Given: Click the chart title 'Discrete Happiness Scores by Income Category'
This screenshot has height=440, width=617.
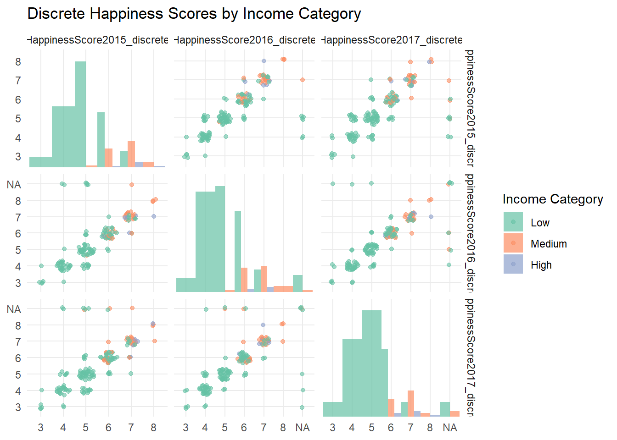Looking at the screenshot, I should (194, 14).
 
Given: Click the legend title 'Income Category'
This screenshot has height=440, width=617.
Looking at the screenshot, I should (553, 199).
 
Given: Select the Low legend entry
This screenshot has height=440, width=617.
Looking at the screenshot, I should (540, 223).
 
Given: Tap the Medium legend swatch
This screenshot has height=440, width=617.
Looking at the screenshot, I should (513, 243).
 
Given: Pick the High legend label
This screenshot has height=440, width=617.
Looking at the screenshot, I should (541, 265).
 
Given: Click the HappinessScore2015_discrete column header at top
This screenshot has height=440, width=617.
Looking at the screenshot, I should (98, 40).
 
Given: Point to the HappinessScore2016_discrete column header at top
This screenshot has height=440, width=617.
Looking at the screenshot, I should (245, 40).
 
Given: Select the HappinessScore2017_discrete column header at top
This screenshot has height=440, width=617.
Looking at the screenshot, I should (392, 40).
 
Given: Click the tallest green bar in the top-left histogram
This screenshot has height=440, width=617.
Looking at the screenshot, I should (80, 115).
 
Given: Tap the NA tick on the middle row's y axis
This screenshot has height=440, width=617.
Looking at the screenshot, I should (14, 185).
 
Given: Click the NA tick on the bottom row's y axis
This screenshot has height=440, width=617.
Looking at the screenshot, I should (14, 309).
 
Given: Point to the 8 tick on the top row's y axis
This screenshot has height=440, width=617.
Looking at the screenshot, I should (18, 61).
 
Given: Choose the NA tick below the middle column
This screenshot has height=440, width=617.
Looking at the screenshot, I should (303, 428).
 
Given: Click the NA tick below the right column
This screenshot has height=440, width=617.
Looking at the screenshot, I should (450, 428).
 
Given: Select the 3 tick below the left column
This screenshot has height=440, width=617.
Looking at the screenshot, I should (40, 428).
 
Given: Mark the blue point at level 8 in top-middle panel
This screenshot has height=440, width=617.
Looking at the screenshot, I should (264, 61).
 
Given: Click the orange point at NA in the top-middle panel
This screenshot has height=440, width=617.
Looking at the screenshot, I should (303, 80).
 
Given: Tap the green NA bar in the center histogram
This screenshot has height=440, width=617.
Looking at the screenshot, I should (297, 283).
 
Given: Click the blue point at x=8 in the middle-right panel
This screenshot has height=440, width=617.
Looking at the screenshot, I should (431, 217).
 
